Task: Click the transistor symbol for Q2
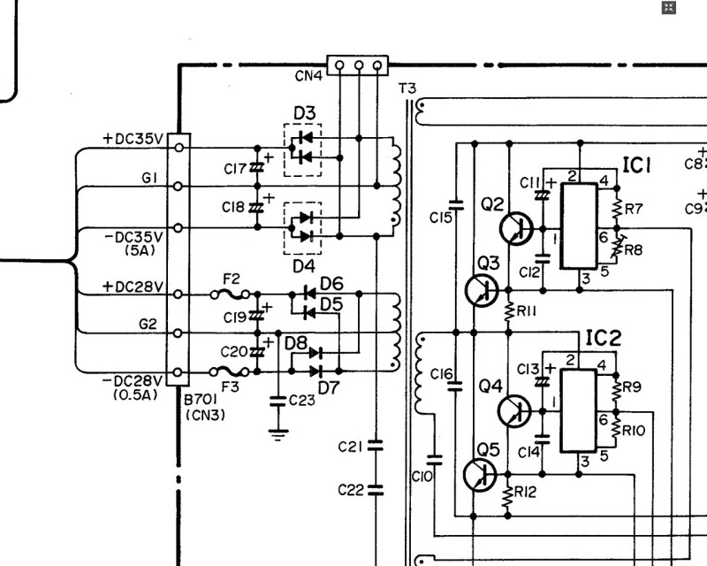pos(516,228)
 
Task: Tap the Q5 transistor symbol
pos(480,475)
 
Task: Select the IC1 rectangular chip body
pos(579,226)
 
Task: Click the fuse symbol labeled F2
pos(230,294)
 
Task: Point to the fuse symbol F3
pos(230,372)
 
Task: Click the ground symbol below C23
pos(277,434)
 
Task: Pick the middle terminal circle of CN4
pos(359,65)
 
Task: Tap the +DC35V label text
pos(133,139)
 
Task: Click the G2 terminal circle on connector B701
pos(178,333)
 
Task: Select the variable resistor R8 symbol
pos(617,248)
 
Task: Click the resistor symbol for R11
pos(509,311)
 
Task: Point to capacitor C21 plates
pos(375,446)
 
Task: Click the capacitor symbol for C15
pos(456,205)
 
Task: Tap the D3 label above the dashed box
pos(305,113)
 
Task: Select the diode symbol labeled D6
pos(309,294)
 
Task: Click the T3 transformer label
pos(407,88)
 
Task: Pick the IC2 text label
pos(604,338)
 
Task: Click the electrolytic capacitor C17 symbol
pos(257,167)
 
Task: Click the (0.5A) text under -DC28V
pos(136,395)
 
